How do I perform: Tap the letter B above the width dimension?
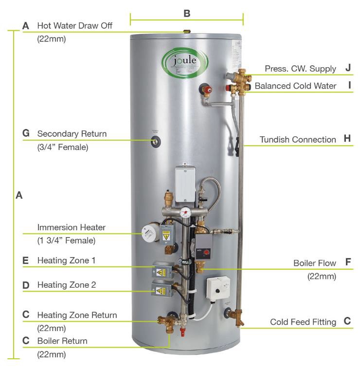point(187,13)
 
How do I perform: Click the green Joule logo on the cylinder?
point(186,61)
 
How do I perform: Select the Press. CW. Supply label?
point(300,69)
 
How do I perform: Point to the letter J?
point(348,68)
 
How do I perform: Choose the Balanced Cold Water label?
point(295,86)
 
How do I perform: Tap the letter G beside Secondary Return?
point(26,133)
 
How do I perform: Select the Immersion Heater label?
point(71,227)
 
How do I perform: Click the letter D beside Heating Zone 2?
point(26,284)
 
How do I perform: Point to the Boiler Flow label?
point(314,263)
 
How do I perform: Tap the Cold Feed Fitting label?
point(303,322)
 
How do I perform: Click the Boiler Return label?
point(62,341)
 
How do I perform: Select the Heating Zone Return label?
point(77,315)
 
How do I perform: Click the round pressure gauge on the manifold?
point(186,213)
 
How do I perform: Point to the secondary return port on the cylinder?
point(157,141)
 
